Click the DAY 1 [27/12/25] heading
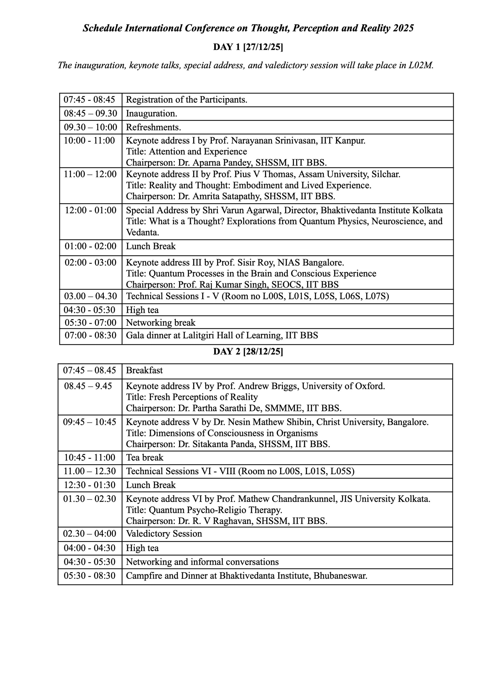coord(248,47)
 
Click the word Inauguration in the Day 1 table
coord(151,113)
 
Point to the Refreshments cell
coord(153,127)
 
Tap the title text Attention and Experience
coord(198,152)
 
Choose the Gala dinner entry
coord(222,335)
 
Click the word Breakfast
coord(144,370)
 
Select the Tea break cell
coord(145,458)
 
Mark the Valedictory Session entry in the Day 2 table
coord(164,534)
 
